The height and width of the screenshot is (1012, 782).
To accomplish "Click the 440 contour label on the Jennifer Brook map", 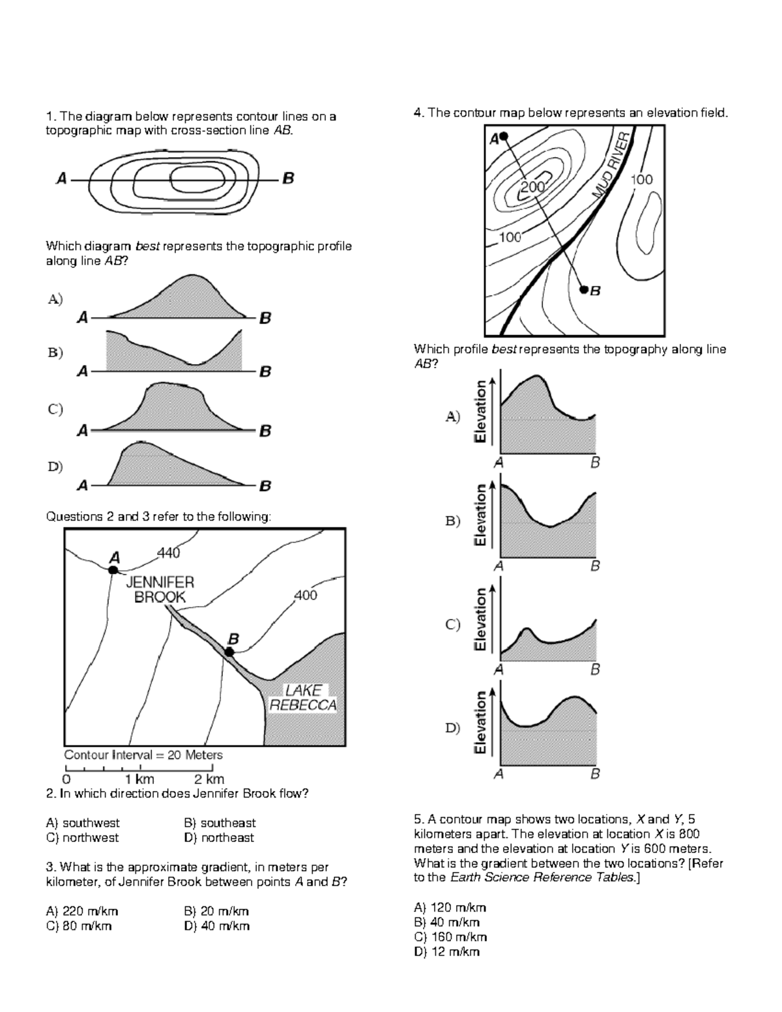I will (169, 553).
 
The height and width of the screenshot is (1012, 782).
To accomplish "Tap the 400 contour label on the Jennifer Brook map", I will (306, 595).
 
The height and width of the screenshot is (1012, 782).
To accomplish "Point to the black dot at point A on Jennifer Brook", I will (113, 570).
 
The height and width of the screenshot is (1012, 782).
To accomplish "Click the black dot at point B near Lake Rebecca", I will (229, 652).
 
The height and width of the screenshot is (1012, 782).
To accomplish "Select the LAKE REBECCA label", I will (303, 697).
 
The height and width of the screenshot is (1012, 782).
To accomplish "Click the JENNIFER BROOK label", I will (160, 589).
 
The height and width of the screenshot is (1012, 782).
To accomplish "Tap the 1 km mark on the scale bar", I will (139, 779).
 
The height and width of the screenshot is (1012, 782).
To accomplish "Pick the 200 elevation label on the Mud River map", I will (532, 188).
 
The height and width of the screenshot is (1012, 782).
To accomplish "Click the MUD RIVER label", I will (612, 166).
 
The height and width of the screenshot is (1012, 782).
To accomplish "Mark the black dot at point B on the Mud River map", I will (584, 289).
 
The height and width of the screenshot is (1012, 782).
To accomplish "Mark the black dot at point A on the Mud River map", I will (504, 137).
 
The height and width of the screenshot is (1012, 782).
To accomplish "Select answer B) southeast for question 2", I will (220, 823).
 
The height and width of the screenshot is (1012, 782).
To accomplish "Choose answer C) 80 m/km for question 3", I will (79, 926).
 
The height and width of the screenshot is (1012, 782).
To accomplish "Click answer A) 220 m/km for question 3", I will (82, 911).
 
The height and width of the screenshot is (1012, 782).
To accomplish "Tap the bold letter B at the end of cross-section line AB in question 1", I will (288, 178).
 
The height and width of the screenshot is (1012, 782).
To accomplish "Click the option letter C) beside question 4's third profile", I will (453, 624).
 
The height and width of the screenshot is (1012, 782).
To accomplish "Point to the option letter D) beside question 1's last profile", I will (55, 467).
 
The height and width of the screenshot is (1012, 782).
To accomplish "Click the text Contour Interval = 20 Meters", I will (143, 755).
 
